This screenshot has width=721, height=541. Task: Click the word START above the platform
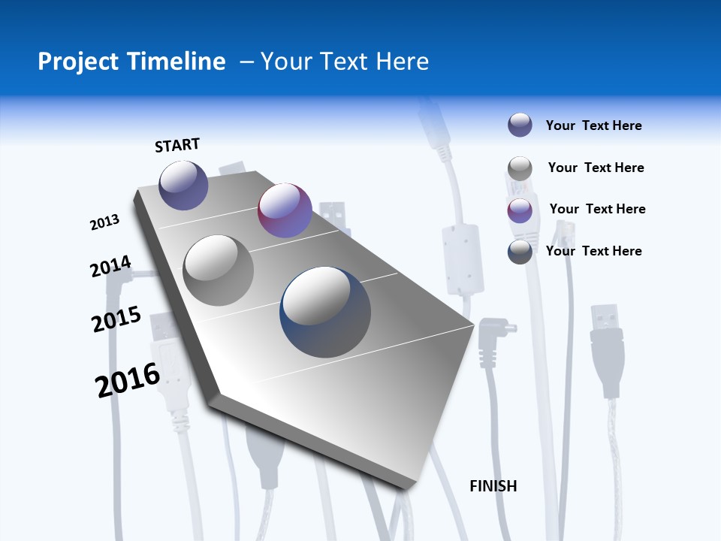tap(177, 145)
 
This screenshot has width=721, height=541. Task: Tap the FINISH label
tap(493, 486)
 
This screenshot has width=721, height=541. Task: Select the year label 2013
tap(104, 222)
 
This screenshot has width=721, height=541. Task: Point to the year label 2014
tap(110, 267)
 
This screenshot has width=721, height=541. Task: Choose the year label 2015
tap(116, 319)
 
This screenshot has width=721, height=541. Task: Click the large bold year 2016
tap(128, 380)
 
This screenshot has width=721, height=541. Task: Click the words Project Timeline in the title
tap(131, 62)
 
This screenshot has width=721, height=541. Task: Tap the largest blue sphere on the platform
tap(325, 312)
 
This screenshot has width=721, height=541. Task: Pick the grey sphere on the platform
tap(219, 270)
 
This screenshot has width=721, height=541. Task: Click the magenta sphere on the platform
tap(285, 210)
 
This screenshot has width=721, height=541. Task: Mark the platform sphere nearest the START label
tap(183, 185)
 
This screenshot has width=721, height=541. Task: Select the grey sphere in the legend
tap(520, 168)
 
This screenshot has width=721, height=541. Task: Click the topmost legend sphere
tap(520, 125)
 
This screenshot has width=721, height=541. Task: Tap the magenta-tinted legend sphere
tap(520, 210)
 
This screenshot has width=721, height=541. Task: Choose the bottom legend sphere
tap(520, 252)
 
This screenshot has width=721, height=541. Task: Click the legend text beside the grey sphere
tap(596, 168)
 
